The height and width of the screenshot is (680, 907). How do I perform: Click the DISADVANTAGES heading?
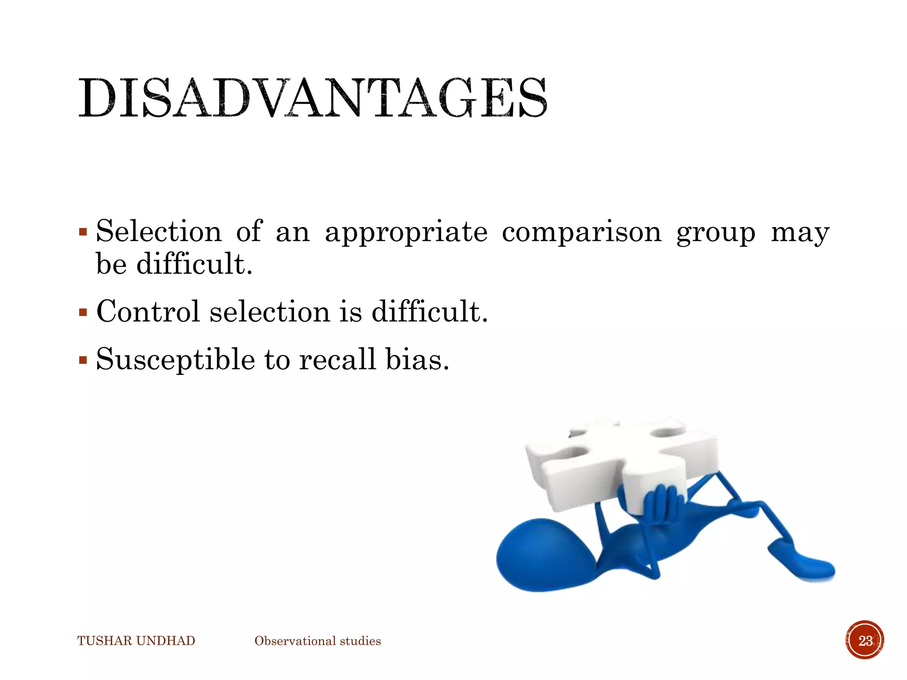click(x=313, y=98)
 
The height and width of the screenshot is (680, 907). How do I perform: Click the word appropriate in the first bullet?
click(x=406, y=232)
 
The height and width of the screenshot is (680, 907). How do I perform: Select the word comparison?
click(x=581, y=232)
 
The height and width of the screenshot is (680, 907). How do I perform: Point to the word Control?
click(x=148, y=311)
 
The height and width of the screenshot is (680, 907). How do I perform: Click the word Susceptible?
click(x=175, y=359)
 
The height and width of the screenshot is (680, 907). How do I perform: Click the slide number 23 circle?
click(x=865, y=640)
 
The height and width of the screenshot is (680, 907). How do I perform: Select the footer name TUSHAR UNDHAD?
click(x=136, y=641)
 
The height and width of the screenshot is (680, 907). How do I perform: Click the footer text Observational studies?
click(x=318, y=641)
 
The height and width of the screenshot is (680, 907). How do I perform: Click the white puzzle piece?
click(x=620, y=460)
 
